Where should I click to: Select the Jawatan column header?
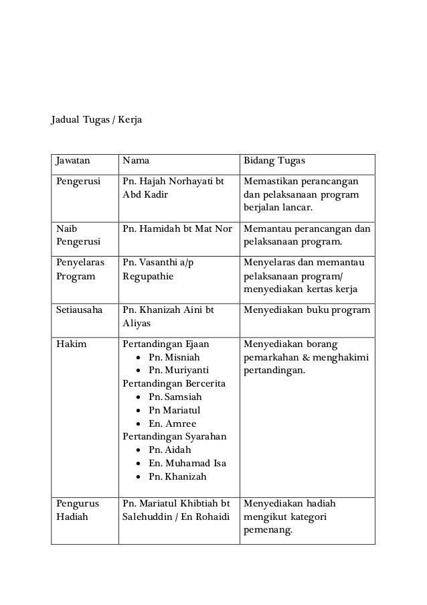(x=75, y=162)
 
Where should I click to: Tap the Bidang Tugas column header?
(x=274, y=162)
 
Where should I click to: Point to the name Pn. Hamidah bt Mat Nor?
(x=177, y=229)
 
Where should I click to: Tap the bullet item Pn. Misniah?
(x=174, y=357)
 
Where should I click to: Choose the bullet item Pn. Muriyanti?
(x=178, y=371)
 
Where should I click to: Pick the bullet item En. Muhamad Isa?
(x=187, y=464)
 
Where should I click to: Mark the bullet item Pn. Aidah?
(x=171, y=450)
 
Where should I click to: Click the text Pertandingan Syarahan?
(x=174, y=437)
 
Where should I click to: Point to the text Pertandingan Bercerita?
(x=173, y=384)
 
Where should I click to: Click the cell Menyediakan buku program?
(x=307, y=310)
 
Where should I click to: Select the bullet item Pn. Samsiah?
(x=175, y=397)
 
